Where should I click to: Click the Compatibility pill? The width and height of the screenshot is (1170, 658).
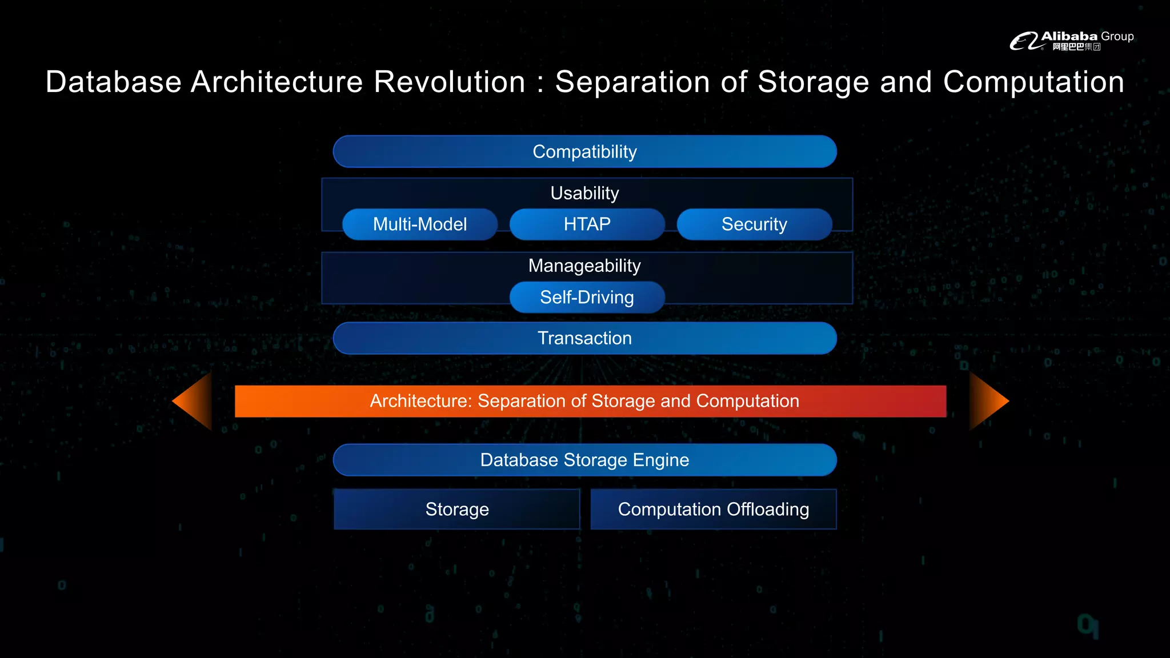[x=584, y=151]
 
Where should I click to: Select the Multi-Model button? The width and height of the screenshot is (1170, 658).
[x=420, y=224]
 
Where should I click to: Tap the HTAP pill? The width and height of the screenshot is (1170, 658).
[x=587, y=224]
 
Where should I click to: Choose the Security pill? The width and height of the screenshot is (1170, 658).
[x=754, y=224]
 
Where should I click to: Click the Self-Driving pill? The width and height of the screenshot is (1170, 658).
[x=587, y=297]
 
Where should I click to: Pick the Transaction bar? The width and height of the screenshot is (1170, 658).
[x=584, y=338]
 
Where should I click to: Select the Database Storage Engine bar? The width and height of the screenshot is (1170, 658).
[x=584, y=460]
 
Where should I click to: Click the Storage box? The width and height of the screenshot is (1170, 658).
[x=457, y=509]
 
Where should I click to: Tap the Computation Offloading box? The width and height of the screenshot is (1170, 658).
[x=713, y=509]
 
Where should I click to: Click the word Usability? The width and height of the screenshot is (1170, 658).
[x=584, y=193]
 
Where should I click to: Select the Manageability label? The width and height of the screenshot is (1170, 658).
[x=584, y=266]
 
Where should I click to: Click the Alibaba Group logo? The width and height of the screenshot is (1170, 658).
[x=1071, y=41]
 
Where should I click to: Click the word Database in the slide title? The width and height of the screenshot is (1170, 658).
[x=114, y=82]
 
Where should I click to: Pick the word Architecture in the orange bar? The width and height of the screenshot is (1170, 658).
[x=420, y=401]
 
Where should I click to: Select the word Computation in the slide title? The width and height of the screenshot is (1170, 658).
[x=1033, y=82]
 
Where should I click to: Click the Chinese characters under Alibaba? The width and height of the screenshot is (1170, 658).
[x=1076, y=47]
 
